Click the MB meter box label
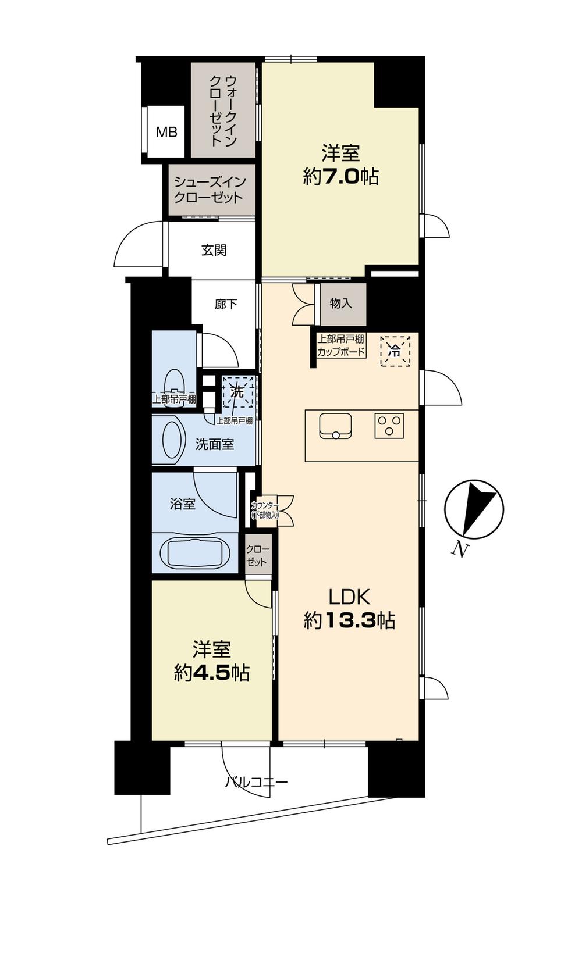point(166,133)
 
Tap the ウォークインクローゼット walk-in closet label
point(223,110)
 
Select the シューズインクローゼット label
point(209,189)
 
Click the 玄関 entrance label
point(214,251)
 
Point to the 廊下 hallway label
point(226,304)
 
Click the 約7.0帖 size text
point(340,176)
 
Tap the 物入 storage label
point(340,303)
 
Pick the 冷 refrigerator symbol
point(395,351)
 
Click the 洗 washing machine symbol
point(237,392)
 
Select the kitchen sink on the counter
point(335,426)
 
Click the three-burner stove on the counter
point(389,426)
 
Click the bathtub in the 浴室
point(194,553)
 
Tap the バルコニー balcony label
point(256,782)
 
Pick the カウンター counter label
point(265,509)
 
